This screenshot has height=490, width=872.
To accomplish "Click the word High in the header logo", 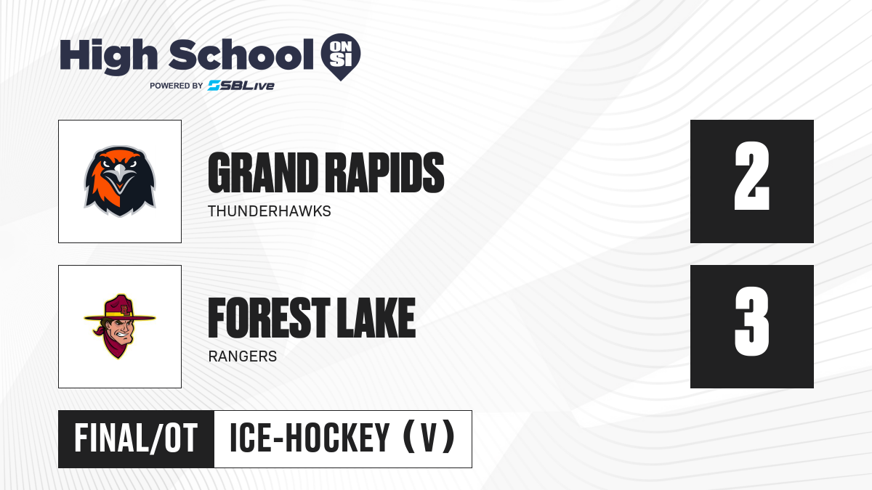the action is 108,57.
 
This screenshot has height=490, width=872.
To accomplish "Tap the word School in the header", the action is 241,54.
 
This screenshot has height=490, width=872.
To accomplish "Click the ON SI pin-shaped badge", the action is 341,57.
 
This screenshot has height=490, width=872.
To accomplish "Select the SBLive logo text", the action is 241,86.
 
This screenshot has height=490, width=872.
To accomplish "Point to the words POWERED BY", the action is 177,86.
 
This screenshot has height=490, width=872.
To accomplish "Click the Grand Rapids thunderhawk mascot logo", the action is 120,181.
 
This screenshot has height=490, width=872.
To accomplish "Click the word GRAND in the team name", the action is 263,173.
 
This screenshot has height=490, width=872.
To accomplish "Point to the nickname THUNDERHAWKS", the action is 270,211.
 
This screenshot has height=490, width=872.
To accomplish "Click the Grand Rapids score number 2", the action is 751,176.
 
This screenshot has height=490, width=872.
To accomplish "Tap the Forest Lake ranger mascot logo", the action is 120,327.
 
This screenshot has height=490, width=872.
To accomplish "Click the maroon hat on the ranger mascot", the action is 120,308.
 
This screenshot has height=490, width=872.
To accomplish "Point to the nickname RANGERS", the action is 243,356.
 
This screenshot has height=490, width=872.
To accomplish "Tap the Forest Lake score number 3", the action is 751,321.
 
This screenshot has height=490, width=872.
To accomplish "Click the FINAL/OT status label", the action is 136,438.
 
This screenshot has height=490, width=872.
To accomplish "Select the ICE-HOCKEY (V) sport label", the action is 342,438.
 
